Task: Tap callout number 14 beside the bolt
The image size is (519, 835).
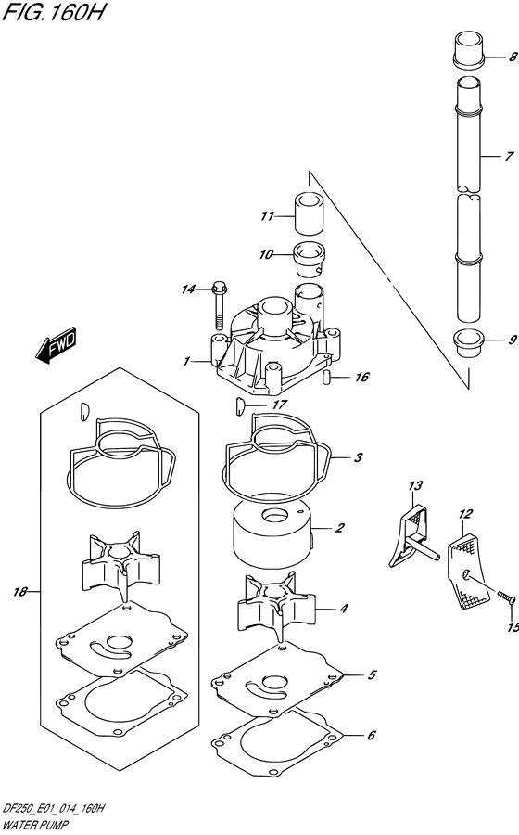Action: (x=188, y=289)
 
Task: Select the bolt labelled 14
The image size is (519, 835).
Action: (x=220, y=305)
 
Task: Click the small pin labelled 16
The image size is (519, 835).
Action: (x=327, y=377)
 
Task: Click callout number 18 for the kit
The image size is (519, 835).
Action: (x=20, y=592)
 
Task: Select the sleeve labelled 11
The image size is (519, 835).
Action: (x=309, y=213)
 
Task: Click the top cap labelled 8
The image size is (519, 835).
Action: (x=470, y=51)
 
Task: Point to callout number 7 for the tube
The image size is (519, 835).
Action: (x=509, y=157)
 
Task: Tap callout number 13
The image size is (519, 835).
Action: (x=415, y=485)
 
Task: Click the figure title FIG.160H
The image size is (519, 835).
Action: (x=53, y=12)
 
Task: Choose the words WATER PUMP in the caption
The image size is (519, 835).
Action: (x=35, y=825)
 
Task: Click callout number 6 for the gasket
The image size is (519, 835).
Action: (x=371, y=736)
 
